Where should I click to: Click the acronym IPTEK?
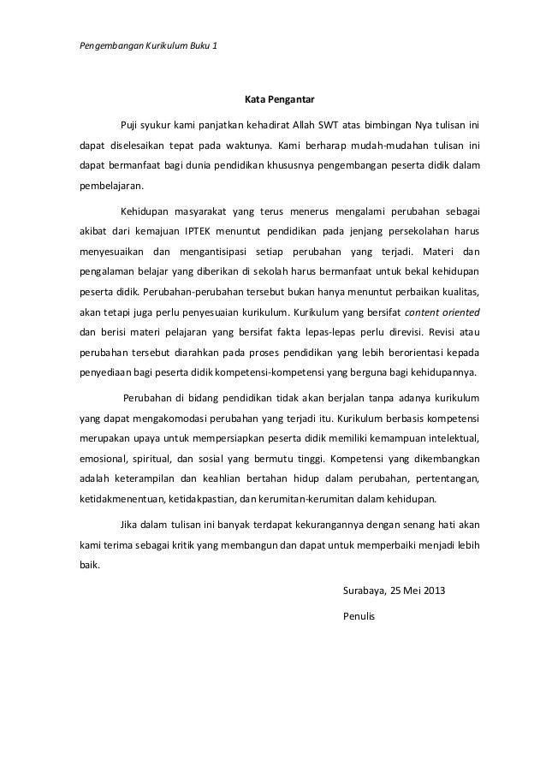pyautogui.click(x=226, y=230)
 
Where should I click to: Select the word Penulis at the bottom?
pyautogui.click(x=358, y=614)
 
